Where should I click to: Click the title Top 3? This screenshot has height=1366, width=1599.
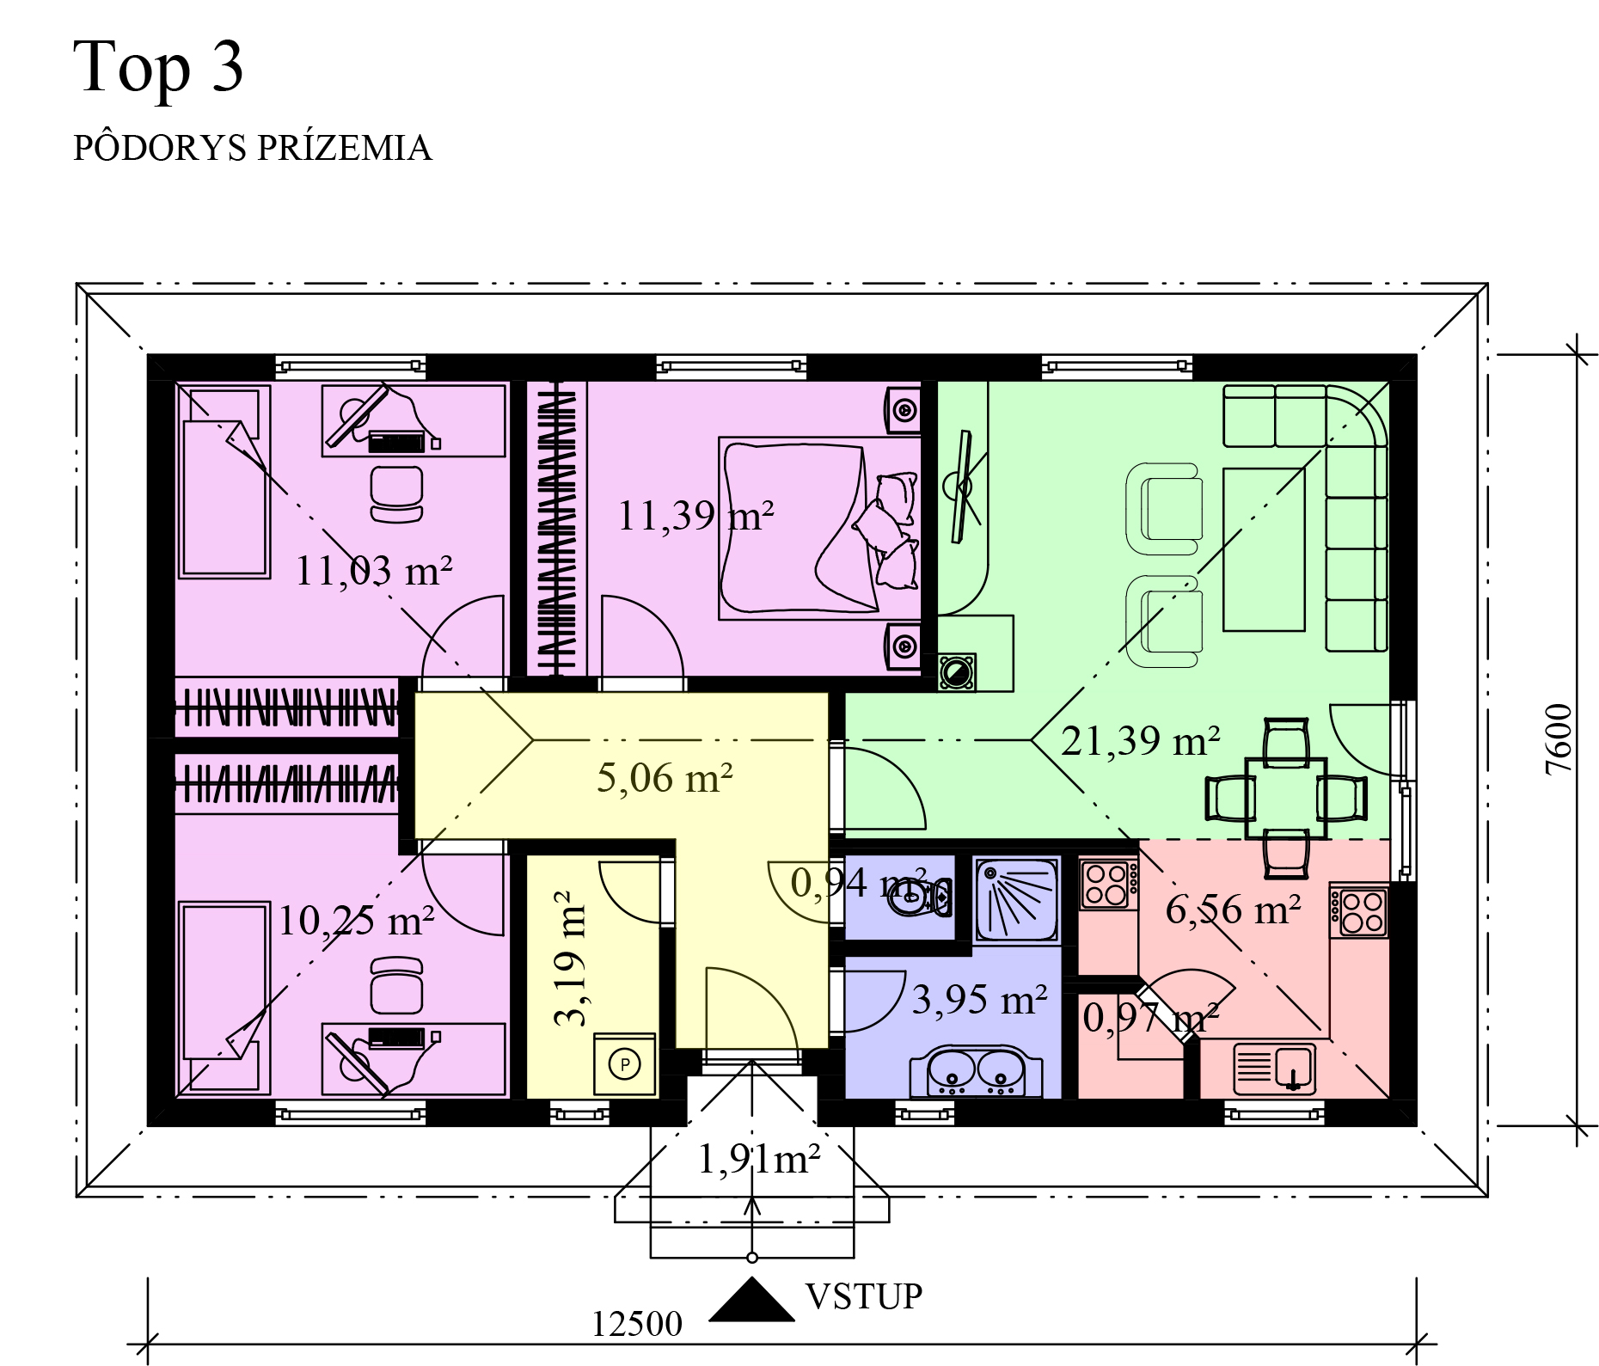pos(158,67)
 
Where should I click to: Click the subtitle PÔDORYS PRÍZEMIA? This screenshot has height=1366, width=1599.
pos(252,148)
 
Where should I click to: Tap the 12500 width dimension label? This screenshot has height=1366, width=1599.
pos(637,1325)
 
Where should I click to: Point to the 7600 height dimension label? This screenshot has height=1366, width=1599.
pos(1559,739)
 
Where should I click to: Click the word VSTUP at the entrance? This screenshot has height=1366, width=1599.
pos(863,1296)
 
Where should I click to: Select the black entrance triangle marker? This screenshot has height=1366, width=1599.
pos(751,1299)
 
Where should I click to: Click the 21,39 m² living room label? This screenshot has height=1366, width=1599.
pos(1140,740)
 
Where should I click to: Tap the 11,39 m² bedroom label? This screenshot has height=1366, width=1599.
pos(695,516)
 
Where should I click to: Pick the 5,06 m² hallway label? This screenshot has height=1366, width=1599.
pos(665,778)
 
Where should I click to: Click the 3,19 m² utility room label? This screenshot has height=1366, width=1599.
pos(569,958)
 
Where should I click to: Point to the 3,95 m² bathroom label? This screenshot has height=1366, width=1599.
pos(979,1000)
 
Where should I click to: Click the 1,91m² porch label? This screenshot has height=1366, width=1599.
pos(758,1161)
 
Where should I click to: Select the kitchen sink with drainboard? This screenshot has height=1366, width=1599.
pos(1274,1067)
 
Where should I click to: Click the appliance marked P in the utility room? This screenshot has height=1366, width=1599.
pos(625,1064)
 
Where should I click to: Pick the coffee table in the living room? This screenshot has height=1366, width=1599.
pos(1264,549)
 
